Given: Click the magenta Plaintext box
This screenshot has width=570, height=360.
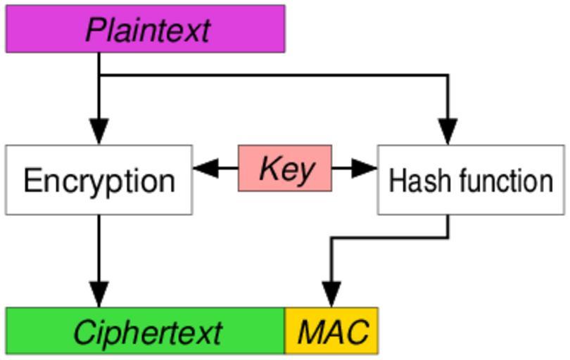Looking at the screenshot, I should tap(145, 29).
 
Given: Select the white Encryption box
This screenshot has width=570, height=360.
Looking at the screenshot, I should tap(99, 180).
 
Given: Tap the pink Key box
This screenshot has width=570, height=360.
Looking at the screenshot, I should tap(285, 169).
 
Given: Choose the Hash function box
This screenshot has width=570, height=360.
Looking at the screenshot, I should tap(471, 180).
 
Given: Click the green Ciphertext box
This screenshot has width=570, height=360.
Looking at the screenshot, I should tap(145, 330).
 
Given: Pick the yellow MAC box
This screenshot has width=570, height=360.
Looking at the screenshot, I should tap(331, 330).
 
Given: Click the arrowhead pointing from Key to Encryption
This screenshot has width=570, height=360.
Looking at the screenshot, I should tap(205, 168).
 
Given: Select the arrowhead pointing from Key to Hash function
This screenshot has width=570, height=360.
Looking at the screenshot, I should tap(365, 168).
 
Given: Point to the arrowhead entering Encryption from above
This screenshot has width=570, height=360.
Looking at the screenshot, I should tap(99, 131).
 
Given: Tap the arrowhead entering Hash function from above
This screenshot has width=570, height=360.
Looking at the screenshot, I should tap(448, 131).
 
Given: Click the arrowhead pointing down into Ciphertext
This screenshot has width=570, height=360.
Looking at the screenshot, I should tap(99, 294).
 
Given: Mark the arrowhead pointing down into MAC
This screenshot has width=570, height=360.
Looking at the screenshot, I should tap(331, 294).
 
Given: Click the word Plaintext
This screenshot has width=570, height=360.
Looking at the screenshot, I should tap(148, 30).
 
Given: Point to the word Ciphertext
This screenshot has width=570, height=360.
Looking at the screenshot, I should tap(148, 332).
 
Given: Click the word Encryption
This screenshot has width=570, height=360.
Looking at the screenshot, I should tap(99, 181).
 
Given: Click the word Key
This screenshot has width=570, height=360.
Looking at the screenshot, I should tap(286, 169).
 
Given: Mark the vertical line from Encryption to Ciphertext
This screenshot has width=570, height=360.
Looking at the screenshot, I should tap(99, 246).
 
